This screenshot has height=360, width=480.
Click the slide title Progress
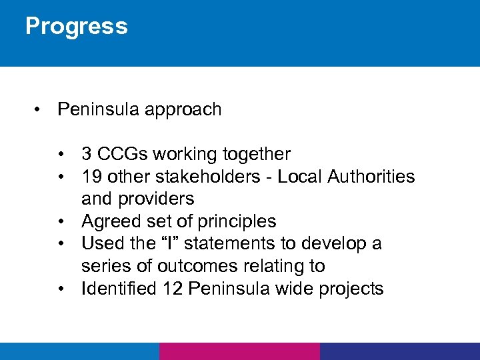76,27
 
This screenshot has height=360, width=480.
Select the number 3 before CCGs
87,155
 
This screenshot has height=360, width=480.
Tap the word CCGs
123,155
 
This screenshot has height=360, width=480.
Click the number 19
91,177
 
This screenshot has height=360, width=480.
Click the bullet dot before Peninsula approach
40,110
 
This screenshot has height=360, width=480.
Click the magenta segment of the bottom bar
239,351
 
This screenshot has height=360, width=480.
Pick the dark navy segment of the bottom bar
399,351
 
